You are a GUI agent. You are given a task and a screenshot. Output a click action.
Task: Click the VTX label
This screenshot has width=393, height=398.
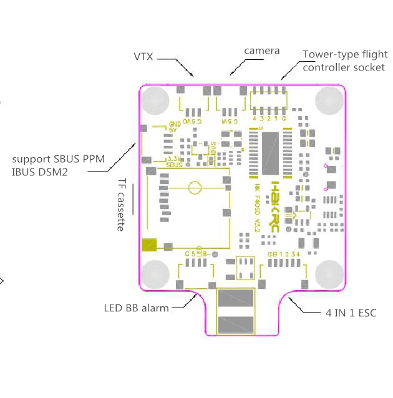[x=144, y=57]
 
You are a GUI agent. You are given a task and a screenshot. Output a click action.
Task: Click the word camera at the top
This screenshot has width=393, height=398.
[x=261, y=51]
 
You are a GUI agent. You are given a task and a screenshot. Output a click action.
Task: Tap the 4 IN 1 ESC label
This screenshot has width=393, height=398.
[x=351, y=312]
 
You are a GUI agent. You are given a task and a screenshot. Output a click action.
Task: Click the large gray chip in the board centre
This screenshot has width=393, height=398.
[x=269, y=152]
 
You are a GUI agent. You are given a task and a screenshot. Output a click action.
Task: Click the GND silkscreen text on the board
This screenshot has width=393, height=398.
[x=174, y=124]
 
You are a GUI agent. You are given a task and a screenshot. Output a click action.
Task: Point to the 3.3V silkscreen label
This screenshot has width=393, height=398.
[x=173, y=159]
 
